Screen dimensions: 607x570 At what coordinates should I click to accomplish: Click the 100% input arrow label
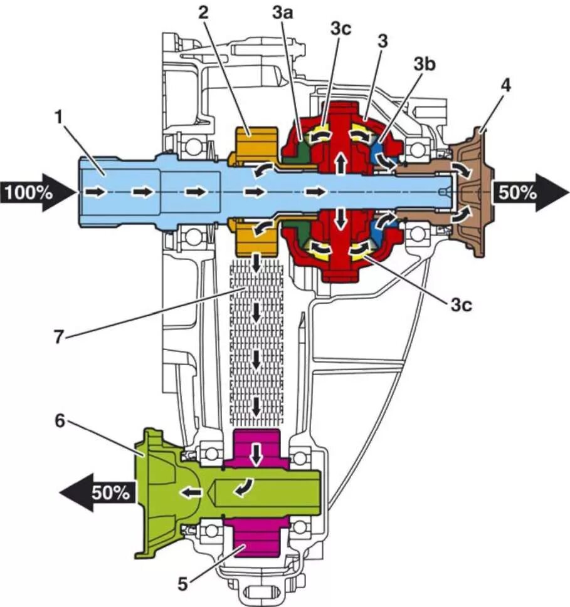pyautogui.click(x=29, y=192)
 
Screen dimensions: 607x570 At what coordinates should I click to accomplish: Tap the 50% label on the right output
pyautogui.click(x=518, y=192)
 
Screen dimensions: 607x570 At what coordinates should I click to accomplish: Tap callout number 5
pyautogui.click(x=183, y=584)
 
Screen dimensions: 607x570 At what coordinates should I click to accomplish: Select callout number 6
pyautogui.click(x=59, y=421)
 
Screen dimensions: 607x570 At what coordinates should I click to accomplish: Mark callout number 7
pyautogui.click(x=58, y=338)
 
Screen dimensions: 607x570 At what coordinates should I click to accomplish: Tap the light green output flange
pyautogui.click(x=157, y=492)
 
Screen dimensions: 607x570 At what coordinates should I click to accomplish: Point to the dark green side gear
pyautogui.click(x=303, y=147)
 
